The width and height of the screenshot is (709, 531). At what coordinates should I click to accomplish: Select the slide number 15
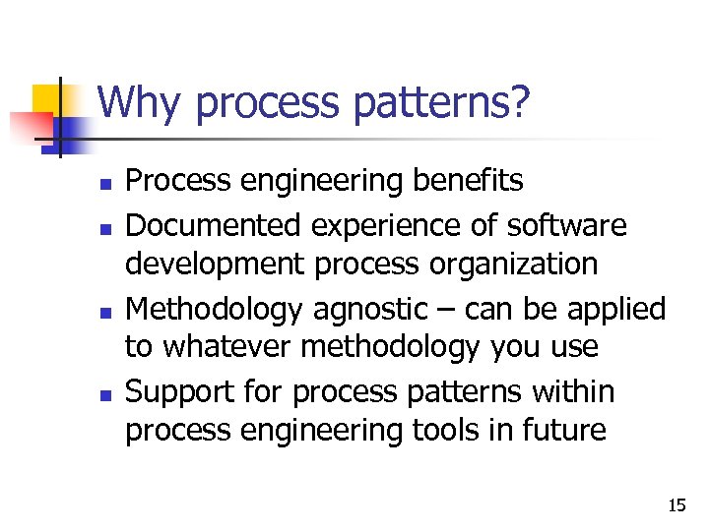[677, 505]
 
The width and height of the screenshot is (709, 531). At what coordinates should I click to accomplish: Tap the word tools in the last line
[498, 431]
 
